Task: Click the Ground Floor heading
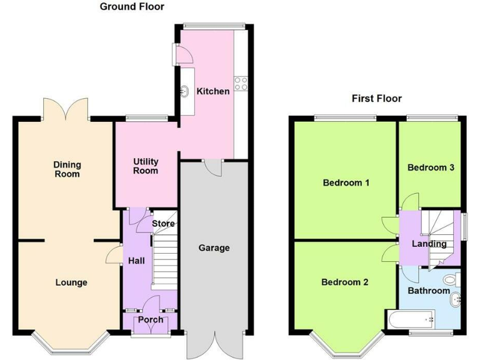pos(132,7)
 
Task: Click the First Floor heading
pos(376,98)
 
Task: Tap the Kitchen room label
pos(213,91)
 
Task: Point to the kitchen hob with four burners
pos(241,82)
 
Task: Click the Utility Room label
pos(146,166)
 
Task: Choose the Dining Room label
pos(67,169)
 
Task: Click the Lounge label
pos(71,282)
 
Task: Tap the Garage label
pos(214,247)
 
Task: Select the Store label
pos(163,223)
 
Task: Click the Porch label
pos(151,319)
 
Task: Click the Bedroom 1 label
pos(346,183)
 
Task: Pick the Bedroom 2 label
pos(344,282)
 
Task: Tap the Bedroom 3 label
pos(431,167)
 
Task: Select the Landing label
pos(429,244)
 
